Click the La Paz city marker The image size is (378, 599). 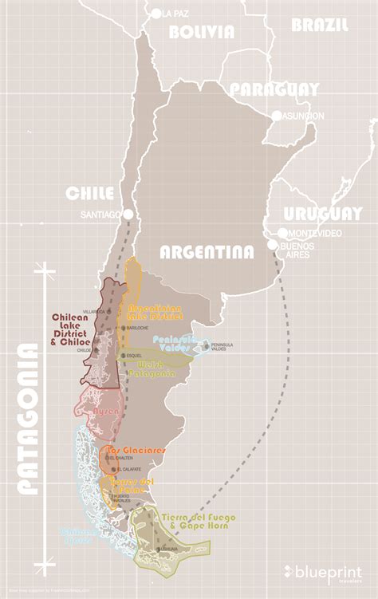[x=156, y=13]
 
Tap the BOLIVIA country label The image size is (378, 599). [x=202, y=32]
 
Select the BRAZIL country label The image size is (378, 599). [x=319, y=25]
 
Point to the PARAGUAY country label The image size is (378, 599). [x=274, y=89]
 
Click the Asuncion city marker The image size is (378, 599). [x=277, y=116]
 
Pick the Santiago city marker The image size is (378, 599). [x=127, y=214]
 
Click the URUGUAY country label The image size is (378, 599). [x=322, y=214]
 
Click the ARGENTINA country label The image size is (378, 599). [x=207, y=252]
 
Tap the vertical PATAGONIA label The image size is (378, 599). [x=28, y=420]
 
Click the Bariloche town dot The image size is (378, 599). [x=124, y=328]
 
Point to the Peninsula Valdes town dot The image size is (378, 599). [x=206, y=346]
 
